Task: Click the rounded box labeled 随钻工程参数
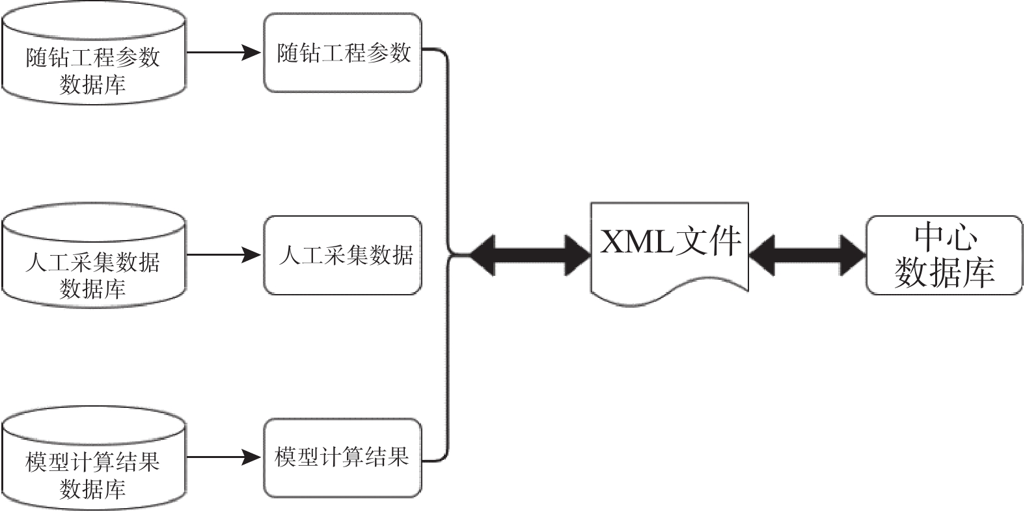(342, 53)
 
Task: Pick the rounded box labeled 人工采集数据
(342, 255)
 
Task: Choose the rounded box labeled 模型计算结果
(342, 458)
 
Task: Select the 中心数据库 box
(944, 255)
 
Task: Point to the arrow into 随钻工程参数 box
(225, 53)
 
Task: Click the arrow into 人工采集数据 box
(225, 255)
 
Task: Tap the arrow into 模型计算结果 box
(225, 458)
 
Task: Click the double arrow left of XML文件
(530, 254)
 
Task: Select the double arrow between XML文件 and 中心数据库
(808, 254)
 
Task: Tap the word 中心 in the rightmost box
(945, 238)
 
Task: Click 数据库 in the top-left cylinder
(93, 85)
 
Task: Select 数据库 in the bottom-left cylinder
(93, 489)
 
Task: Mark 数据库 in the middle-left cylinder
(93, 288)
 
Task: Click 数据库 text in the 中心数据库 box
(945, 272)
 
